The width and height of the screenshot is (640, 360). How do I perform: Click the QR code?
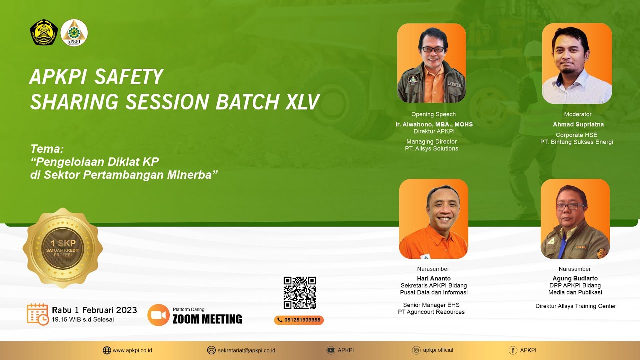[x=300, y=293]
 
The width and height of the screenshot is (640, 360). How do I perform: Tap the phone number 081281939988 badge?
[x=299, y=320]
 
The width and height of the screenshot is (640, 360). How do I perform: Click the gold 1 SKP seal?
[x=63, y=248]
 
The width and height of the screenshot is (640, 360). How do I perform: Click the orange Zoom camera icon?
[x=158, y=315]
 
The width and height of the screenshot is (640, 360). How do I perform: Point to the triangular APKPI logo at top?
[x=74, y=33]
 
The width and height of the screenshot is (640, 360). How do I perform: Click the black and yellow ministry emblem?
[x=44, y=33]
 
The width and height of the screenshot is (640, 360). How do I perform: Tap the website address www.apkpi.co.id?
[x=132, y=350]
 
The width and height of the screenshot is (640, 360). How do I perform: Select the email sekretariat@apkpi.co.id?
[x=246, y=350]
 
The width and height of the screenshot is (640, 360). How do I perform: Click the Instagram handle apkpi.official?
[x=438, y=350]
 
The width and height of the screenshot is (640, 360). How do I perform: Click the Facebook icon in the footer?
[x=513, y=350]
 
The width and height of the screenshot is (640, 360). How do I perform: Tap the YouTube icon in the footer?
[x=330, y=350]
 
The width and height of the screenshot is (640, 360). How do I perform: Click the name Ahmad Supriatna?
[x=578, y=124]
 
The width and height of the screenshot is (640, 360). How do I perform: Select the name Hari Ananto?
[x=434, y=278]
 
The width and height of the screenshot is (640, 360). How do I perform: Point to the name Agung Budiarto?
[x=575, y=278]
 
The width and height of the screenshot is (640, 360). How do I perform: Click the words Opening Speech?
[x=433, y=114]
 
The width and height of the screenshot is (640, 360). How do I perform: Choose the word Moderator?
[x=578, y=114]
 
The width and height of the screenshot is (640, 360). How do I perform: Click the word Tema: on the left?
[x=47, y=149]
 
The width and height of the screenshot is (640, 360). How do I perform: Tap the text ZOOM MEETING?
[x=207, y=319]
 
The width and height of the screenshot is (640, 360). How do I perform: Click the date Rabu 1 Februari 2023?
[x=94, y=310]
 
